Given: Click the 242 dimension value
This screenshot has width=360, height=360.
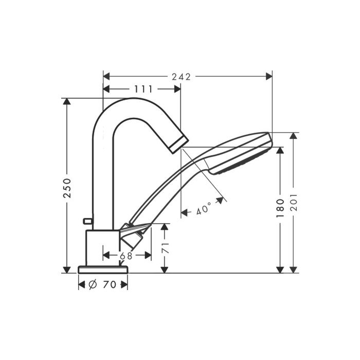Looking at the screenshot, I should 182,77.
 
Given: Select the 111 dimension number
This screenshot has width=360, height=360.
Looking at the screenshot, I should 143,89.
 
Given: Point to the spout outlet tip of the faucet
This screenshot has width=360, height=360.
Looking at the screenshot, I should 178,143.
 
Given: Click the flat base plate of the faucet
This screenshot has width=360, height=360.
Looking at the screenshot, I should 103,269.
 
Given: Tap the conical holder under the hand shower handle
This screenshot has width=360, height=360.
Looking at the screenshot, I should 133,237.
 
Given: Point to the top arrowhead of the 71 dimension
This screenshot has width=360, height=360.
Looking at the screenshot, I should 164,227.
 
